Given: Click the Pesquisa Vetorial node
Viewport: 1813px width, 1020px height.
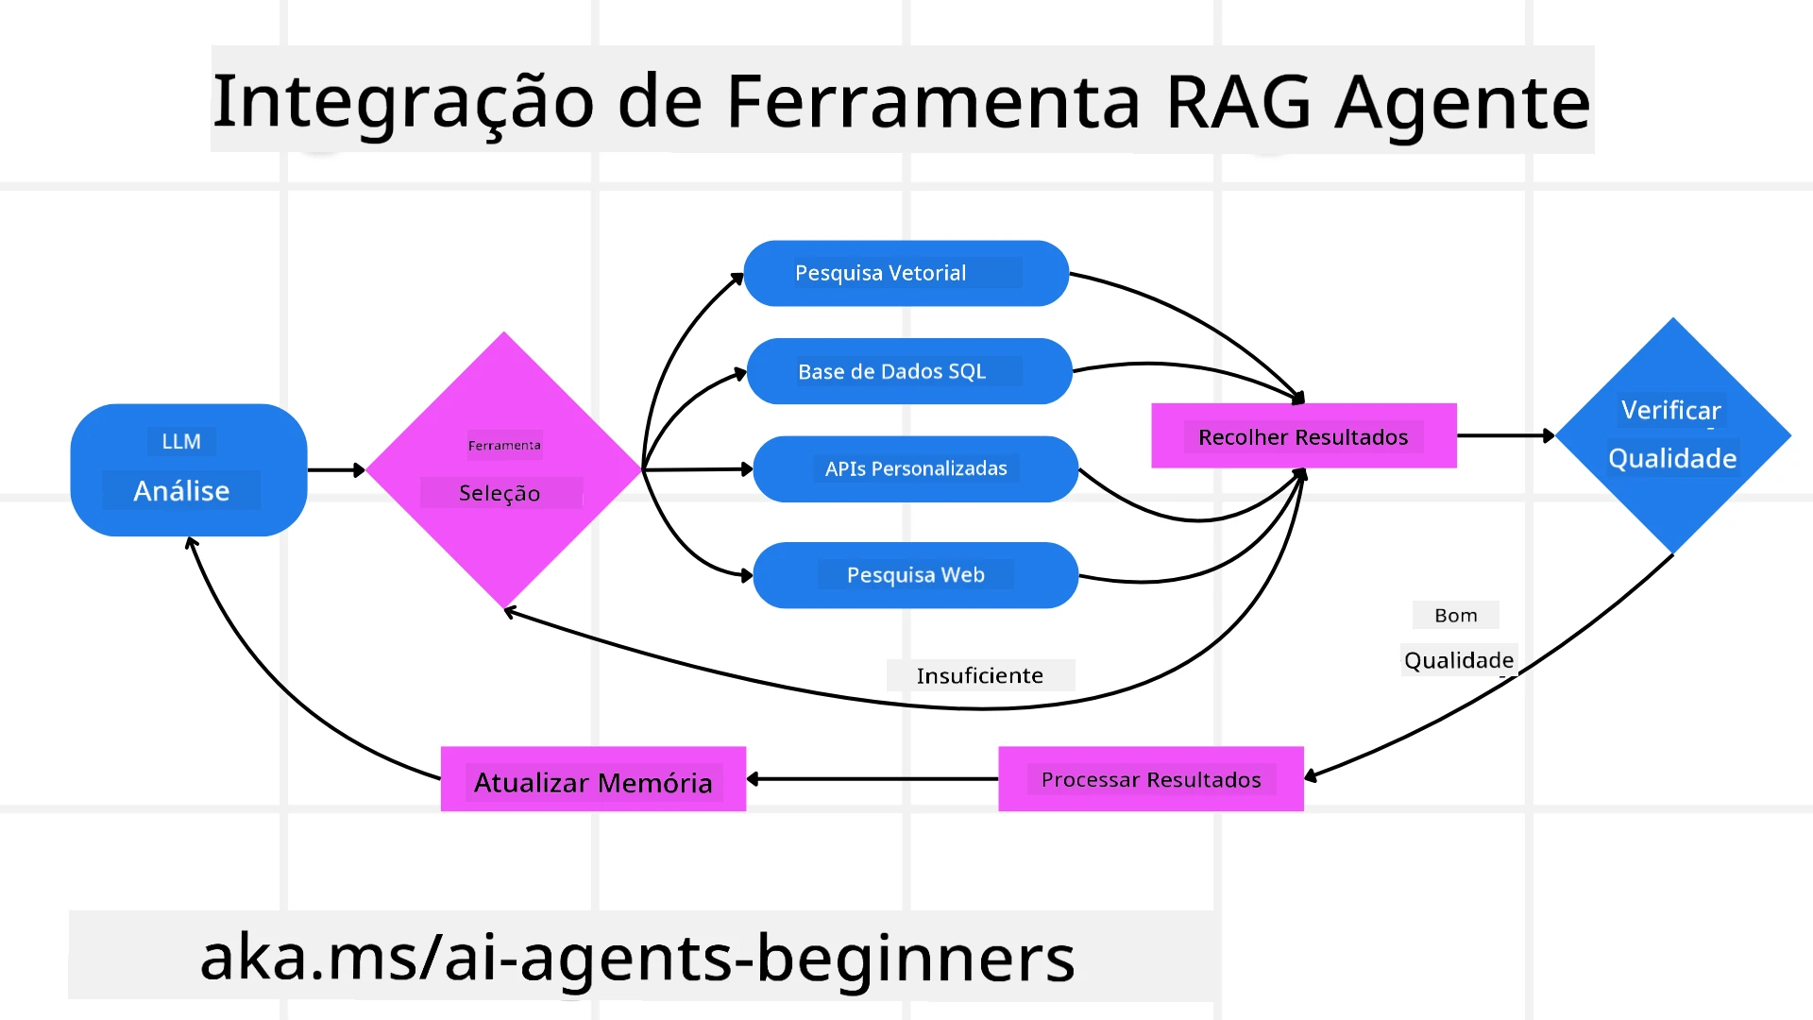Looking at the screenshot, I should [906, 273].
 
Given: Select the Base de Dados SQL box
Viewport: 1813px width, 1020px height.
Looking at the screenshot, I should [908, 371].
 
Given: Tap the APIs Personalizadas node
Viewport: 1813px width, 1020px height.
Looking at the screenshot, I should [915, 468].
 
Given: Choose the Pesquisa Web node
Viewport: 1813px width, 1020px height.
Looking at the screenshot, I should [915, 575].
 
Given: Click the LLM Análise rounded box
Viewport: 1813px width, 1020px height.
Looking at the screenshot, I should [188, 469].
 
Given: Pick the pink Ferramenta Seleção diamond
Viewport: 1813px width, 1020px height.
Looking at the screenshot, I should [503, 469].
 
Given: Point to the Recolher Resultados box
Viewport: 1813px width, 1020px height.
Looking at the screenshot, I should [1303, 436].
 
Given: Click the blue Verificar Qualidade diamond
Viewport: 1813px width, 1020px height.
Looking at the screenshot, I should [1672, 435].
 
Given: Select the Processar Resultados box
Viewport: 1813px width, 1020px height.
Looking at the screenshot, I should [1150, 779].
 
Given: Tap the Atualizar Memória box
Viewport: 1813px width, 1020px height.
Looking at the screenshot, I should [593, 779].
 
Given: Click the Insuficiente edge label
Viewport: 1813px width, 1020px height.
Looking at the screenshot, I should [980, 675].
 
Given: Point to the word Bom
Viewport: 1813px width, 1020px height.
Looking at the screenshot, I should [1455, 615].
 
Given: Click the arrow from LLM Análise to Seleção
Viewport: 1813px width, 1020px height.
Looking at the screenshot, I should [335, 469].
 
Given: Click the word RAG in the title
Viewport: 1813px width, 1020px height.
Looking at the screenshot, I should [1238, 101].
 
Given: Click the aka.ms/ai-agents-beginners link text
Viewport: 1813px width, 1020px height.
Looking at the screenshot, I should [637, 957].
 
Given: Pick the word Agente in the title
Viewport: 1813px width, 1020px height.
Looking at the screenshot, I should [1463, 101].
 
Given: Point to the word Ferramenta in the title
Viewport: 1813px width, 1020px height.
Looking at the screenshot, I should [933, 101].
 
